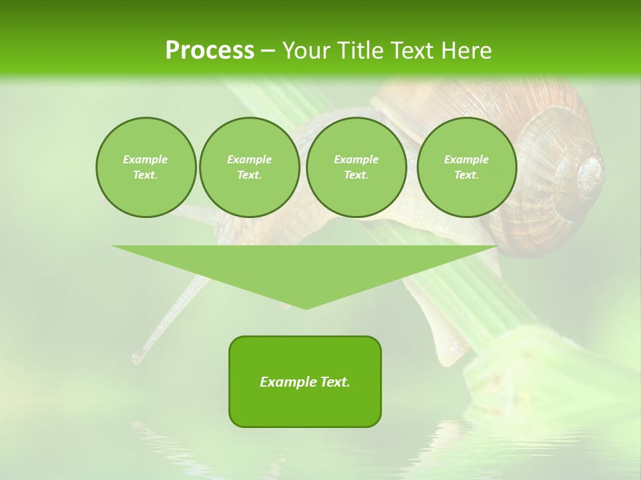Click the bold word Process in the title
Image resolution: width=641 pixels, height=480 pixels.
210,51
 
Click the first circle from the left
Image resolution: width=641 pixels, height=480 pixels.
146,167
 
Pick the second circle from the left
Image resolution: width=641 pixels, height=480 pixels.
249,167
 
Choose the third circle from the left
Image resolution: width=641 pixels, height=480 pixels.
356,167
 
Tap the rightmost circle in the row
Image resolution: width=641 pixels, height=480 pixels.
466,167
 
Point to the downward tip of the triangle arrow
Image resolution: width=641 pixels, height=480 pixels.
306,308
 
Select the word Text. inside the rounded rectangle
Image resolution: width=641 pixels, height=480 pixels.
334,382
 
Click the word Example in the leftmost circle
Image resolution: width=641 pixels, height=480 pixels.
146,160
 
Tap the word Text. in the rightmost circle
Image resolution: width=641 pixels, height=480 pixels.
466,175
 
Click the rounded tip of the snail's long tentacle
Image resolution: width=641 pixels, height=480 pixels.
137,358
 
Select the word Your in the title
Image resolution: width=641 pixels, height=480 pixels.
306,51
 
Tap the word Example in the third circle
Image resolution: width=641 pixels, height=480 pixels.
356,160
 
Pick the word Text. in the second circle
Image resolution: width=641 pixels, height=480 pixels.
249,175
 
